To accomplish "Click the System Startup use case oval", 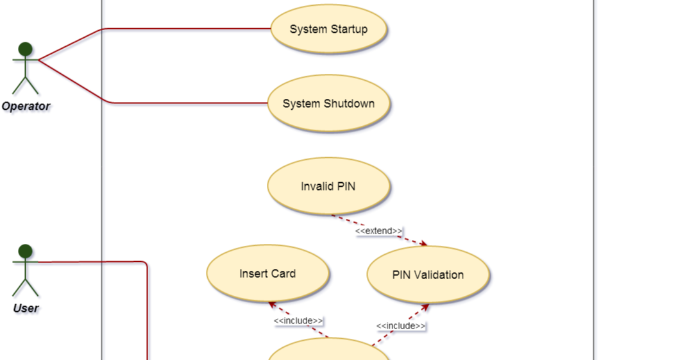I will pyautogui.click(x=328, y=30).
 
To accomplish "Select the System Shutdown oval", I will pyautogui.click(x=328, y=104).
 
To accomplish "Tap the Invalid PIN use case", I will pyautogui.click(x=328, y=187).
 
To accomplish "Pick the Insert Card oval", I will pyautogui.click(x=267, y=274).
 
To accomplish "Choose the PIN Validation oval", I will pyautogui.click(x=428, y=275).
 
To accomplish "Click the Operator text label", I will pyautogui.click(x=26, y=107).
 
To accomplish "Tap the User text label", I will pyautogui.click(x=26, y=309).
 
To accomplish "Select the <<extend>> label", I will pyautogui.click(x=379, y=231).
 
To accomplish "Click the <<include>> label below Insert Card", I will pyautogui.click(x=298, y=321).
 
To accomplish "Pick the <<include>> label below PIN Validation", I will pyautogui.click(x=401, y=326).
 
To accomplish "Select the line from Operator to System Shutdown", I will pyautogui.click(x=186, y=103).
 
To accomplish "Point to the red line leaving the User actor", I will pyautogui.click(x=96, y=262).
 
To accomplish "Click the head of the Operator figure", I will pyautogui.click(x=26, y=49).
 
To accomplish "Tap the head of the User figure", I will pyautogui.click(x=26, y=251).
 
